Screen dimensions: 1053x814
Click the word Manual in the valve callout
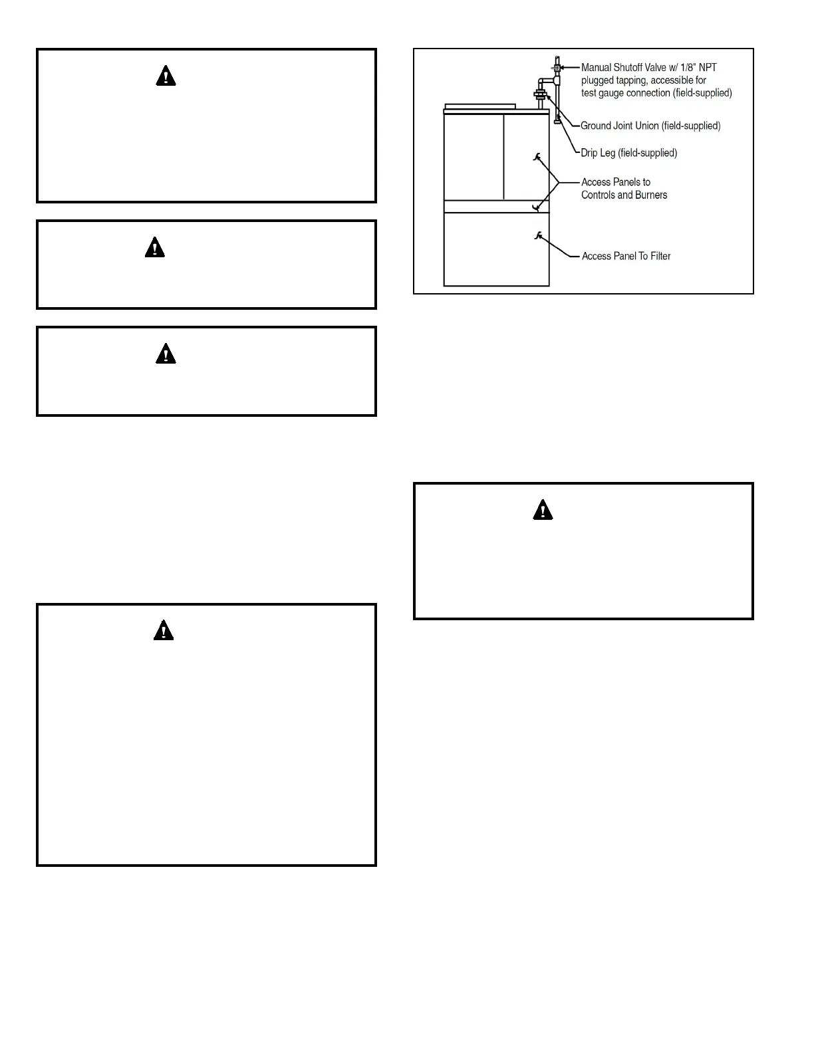tap(597, 67)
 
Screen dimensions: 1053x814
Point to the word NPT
tap(707, 67)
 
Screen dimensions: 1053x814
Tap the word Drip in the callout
tap(589, 153)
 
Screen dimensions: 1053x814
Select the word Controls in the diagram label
tap(599, 195)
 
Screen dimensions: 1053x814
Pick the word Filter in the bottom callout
tap(657, 256)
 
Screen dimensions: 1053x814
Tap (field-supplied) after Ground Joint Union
tap(691, 126)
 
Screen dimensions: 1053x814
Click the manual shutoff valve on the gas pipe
tap(557, 66)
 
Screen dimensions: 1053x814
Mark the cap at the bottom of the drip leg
tap(557, 121)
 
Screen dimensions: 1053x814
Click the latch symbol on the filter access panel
tap(537, 235)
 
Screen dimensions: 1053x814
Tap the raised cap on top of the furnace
tap(480, 106)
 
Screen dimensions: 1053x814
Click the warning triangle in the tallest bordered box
tap(164, 630)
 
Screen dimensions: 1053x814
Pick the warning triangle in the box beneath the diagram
tap(543, 510)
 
